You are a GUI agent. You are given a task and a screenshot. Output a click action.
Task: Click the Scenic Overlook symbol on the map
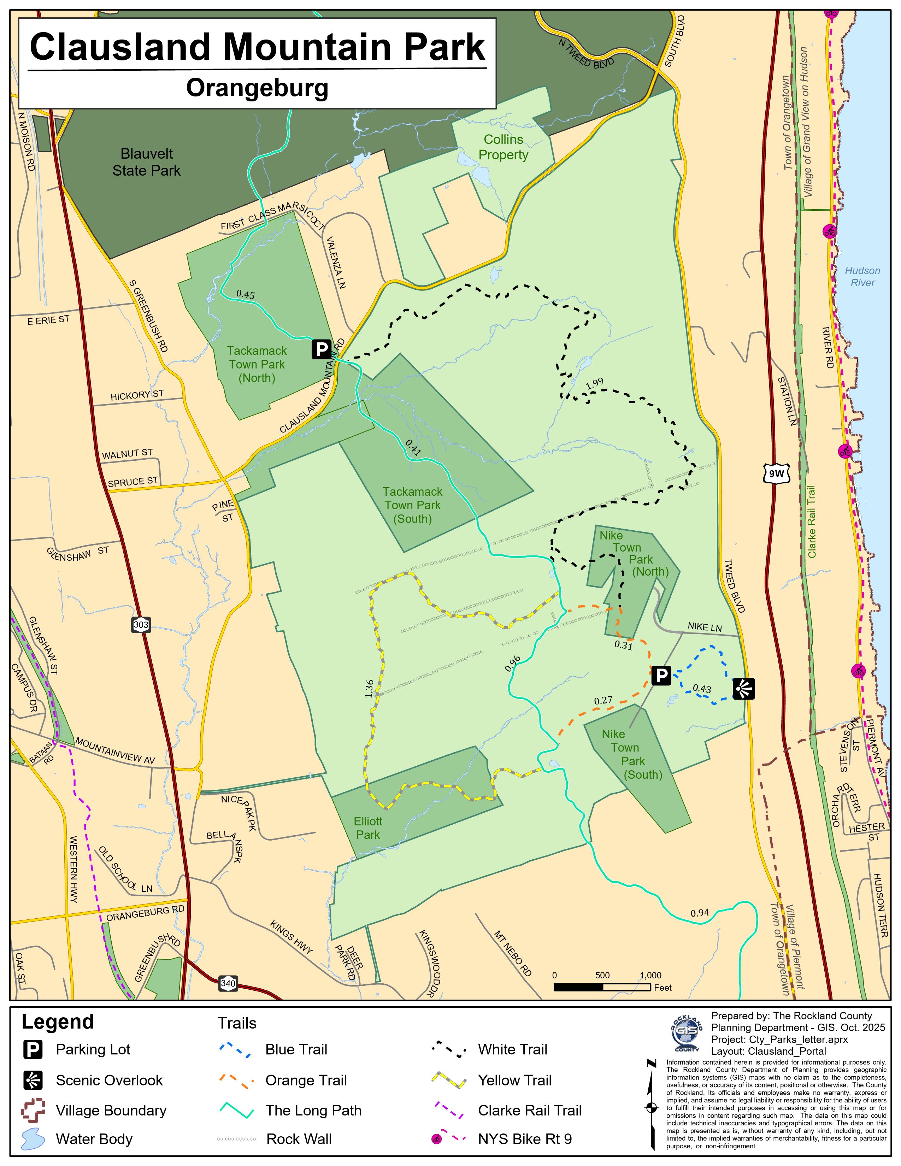coord(743,689)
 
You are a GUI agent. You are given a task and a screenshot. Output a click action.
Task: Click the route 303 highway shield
coord(141,625)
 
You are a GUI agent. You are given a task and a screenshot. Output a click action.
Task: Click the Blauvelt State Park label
coord(146,162)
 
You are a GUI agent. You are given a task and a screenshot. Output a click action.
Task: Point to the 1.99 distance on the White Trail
coord(594,383)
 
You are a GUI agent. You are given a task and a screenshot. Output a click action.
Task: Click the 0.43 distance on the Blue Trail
coord(701,689)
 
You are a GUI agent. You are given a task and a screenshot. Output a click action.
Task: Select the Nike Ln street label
coord(705,627)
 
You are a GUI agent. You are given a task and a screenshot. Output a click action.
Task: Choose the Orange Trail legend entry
coord(306,1080)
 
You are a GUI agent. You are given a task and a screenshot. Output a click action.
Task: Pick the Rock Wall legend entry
coord(299,1139)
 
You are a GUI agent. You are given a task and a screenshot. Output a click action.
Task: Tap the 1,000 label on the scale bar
coord(650,975)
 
